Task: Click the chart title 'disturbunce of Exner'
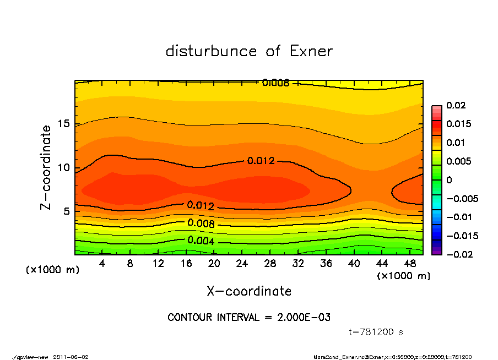[x=249, y=51]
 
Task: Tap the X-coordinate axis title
[x=249, y=291]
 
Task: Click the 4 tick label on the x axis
[x=102, y=264]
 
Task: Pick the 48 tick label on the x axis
[x=410, y=264]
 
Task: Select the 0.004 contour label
[x=201, y=241]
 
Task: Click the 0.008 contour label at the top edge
[x=275, y=83]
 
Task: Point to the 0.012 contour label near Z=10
[x=261, y=161]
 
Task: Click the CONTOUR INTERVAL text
[x=249, y=318]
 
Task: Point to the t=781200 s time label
[x=376, y=332]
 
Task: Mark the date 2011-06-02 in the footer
[x=71, y=357]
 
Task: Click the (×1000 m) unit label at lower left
[x=50, y=270]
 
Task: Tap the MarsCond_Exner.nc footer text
[x=340, y=357]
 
